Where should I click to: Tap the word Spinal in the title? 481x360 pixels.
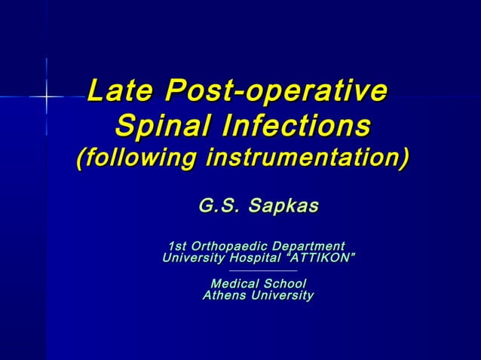160,125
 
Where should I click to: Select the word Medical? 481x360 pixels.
235,284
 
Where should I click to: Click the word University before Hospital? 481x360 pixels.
192,258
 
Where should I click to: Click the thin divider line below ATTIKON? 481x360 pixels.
262,270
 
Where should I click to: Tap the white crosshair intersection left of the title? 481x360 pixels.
46,96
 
